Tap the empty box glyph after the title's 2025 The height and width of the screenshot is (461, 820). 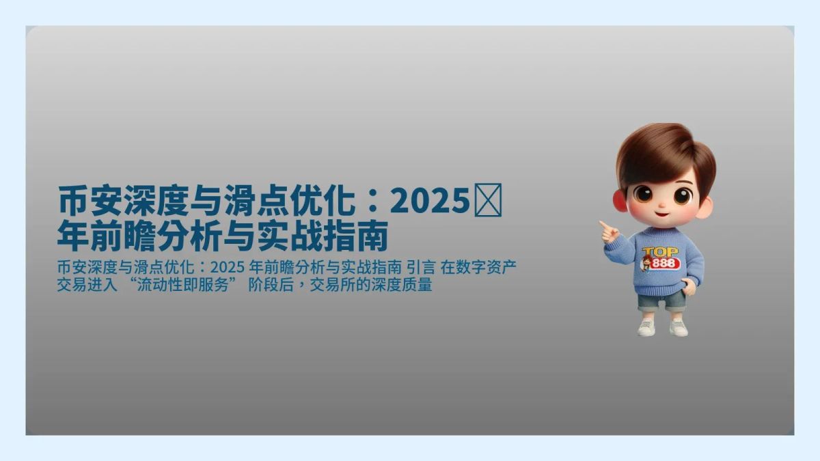tap(488, 202)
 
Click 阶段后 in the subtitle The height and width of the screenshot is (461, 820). tap(275, 285)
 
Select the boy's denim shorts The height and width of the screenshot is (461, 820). tap(661, 301)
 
